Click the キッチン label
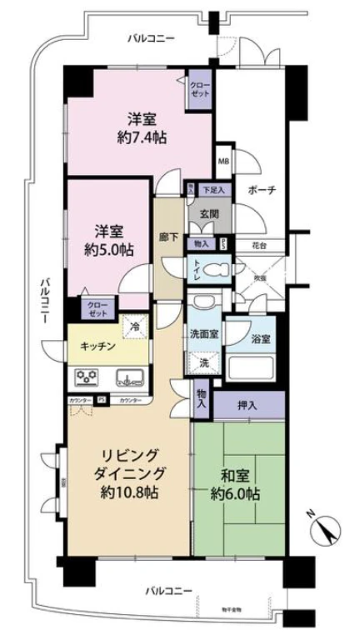(97, 346)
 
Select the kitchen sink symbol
(127, 378)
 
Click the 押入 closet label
(247, 406)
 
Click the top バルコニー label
(152, 37)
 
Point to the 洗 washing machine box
(204, 363)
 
